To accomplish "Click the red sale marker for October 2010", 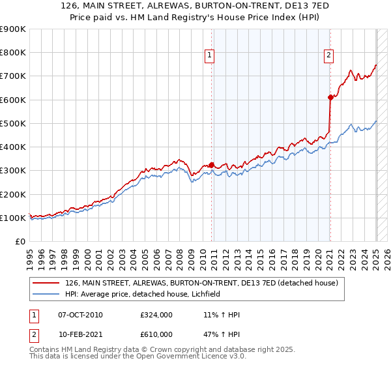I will click(x=212, y=165).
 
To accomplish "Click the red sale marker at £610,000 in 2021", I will click(x=330, y=98).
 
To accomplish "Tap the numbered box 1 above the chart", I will click(x=210, y=56).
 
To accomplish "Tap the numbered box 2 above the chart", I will click(x=329, y=56).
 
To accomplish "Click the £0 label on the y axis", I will click(x=20, y=241).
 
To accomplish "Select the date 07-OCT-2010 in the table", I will click(x=80, y=315).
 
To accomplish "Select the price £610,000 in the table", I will click(x=156, y=334).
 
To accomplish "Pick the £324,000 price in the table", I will click(x=156, y=315).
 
